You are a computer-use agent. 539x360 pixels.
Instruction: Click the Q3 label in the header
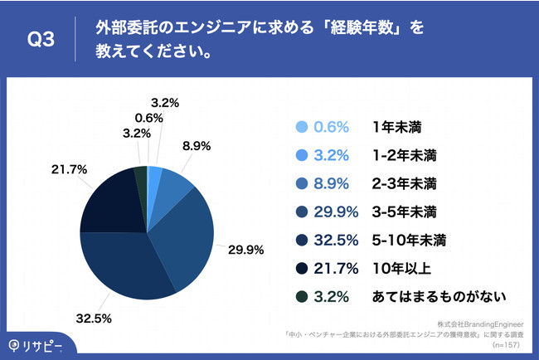click(41, 40)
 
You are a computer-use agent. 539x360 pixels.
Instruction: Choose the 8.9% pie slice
click(175, 184)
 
